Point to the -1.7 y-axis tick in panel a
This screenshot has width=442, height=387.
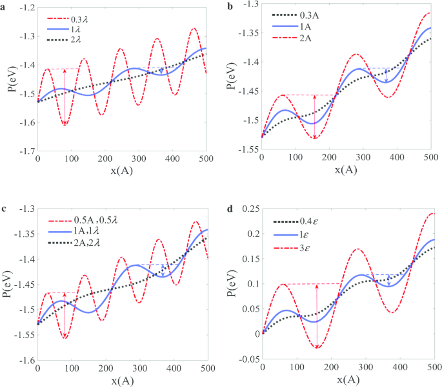pyautogui.click(x=25, y=151)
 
